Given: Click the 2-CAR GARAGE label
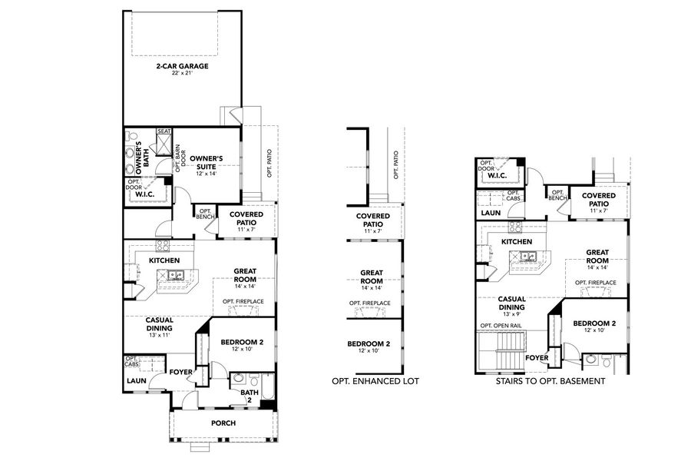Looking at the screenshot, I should [x=182, y=66].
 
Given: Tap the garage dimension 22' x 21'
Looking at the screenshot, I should [x=182, y=75].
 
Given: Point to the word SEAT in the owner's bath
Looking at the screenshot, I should [x=164, y=131].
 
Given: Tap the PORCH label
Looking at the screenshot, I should [x=223, y=423].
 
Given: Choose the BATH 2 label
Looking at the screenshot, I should [x=248, y=396].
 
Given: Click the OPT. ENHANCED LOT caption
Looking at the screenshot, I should [x=375, y=380].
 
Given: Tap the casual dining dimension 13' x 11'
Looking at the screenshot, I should [x=160, y=335].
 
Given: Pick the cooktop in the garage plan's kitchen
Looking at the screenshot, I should [x=163, y=247].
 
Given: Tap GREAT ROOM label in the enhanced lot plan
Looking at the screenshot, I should [x=372, y=277].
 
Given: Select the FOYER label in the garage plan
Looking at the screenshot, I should [x=180, y=371].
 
